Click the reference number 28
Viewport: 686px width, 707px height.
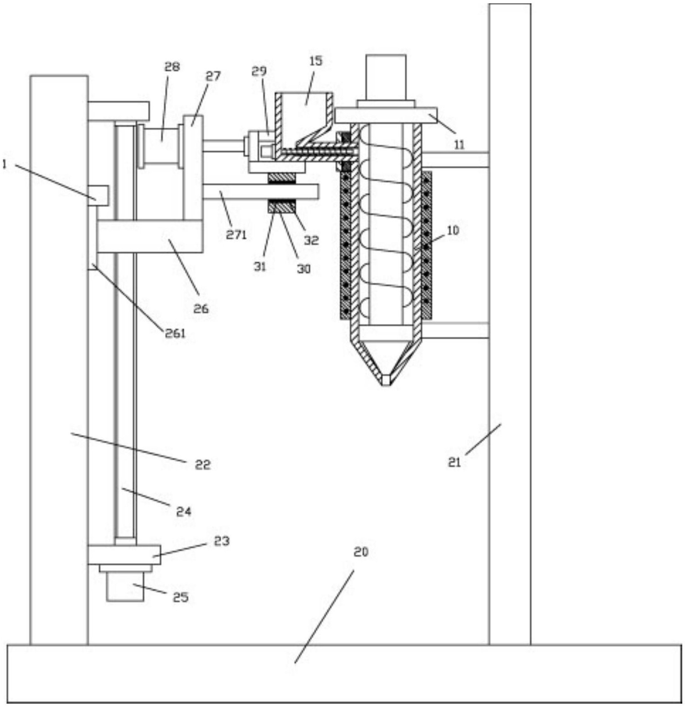(x=172, y=67)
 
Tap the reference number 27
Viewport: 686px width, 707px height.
(x=213, y=76)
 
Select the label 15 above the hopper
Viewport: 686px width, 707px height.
(x=316, y=61)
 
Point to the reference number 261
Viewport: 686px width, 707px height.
(x=175, y=333)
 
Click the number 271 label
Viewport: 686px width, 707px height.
(x=236, y=235)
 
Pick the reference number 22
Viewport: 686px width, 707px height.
(x=203, y=464)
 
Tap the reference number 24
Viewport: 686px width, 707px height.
(x=184, y=511)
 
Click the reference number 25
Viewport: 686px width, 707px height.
(x=180, y=597)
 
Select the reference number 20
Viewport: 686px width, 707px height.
(x=361, y=552)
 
